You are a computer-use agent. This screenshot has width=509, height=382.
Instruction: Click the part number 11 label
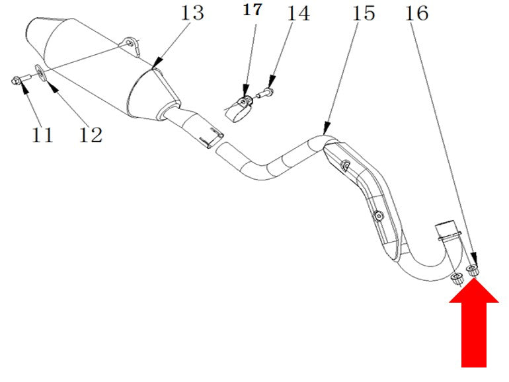[42, 135]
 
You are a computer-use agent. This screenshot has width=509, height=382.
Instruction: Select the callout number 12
[91, 135]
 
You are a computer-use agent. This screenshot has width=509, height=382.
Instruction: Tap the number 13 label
[192, 13]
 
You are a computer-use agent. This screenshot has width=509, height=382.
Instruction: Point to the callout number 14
[299, 13]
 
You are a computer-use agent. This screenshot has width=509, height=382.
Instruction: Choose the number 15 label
[364, 13]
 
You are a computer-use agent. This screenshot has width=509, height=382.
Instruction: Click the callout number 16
[417, 13]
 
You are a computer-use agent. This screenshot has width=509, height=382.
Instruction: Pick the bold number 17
[253, 10]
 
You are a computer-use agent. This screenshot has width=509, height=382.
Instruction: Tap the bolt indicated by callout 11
[20, 79]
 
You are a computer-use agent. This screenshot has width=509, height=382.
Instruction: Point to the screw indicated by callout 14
[265, 93]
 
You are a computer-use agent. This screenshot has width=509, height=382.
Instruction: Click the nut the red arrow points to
[473, 270]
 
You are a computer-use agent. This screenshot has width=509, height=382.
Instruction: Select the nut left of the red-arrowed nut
[457, 279]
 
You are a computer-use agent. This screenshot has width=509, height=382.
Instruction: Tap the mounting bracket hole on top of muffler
[130, 43]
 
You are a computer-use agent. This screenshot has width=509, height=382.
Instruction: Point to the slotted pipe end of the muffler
[212, 138]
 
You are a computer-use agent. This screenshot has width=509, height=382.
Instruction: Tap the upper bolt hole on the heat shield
[345, 166]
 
